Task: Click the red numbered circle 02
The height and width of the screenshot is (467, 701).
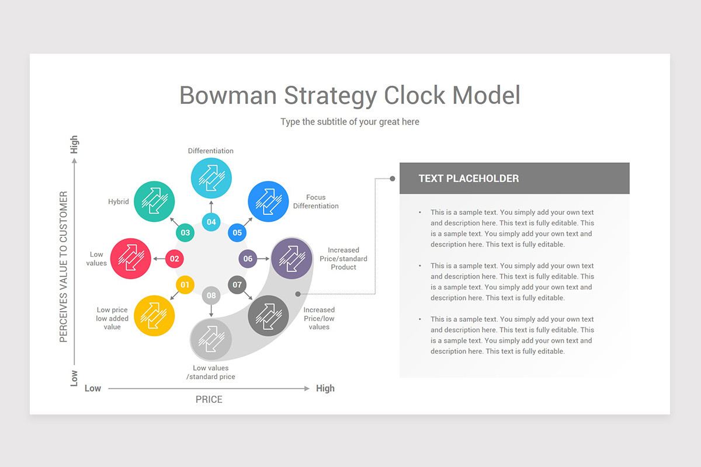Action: [174, 259]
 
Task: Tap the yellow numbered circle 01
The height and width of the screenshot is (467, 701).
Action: [185, 285]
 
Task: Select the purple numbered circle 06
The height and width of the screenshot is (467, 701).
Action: [248, 259]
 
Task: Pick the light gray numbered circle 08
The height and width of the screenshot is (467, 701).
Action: [211, 295]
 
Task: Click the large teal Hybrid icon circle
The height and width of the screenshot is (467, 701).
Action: [154, 201]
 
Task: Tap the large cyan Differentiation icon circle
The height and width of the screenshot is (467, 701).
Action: [211, 178]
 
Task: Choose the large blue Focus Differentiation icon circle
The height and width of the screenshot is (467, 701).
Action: [268, 201]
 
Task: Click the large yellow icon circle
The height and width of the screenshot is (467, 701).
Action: [154, 316]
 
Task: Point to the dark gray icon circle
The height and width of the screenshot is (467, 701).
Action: [268, 316]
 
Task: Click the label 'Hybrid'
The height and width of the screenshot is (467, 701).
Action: [118, 202]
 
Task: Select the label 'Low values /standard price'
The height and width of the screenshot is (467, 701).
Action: [211, 372]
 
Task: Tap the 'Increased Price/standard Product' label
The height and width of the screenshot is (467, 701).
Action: [343, 259]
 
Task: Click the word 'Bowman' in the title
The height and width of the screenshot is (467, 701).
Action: [228, 95]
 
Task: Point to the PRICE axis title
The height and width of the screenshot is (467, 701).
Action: [209, 399]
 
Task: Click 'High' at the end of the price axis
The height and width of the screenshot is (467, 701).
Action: [325, 389]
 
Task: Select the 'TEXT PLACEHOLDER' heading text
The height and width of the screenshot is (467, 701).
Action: [469, 178]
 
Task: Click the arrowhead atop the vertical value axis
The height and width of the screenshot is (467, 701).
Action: [74, 161]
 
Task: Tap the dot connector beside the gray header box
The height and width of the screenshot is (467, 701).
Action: [393, 179]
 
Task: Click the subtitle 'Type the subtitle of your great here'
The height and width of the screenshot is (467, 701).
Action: [350, 121]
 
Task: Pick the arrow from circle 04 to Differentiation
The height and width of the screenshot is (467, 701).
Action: [211, 207]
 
